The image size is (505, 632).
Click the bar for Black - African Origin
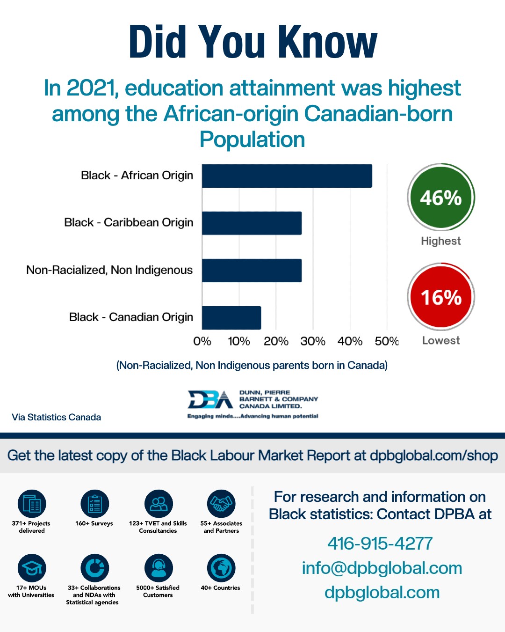pyautogui.click(x=287, y=176)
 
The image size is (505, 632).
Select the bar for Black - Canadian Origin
pyautogui.click(x=231, y=318)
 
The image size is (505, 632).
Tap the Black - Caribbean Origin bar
pyautogui.click(x=252, y=223)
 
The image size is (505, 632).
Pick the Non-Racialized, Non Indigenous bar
pyautogui.click(x=252, y=271)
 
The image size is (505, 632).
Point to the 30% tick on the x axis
pyautogui.click(x=313, y=341)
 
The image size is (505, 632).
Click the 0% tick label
pyautogui.click(x=202, y=341)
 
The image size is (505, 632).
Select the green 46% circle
pyautogui.click(x=441, y=198)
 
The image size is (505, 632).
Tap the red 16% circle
pyautogui.click(x=441, y=297)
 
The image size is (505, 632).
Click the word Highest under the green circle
pyautogui.click(x=441, y=241)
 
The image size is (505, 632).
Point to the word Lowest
pyautogui.click(x=441, y=340)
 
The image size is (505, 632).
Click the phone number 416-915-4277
pyautogui.click(x=380, y=544)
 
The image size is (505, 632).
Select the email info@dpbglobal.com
pyautogui.click(x=382, y=568)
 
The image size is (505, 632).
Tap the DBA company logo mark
pyautogui.click(x=210, y=400)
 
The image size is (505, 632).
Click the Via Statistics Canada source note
pyautogui.click(x=57, y=417)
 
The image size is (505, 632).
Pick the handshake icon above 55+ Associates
pyautogui.click(x=221, y=504)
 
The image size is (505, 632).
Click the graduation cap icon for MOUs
pyautogui.click(x=32, y=568)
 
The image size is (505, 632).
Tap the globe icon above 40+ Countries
pyautogui.click(x=221, y=568)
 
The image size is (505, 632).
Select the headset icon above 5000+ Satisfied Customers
pyautogui.click(x=159, y=568)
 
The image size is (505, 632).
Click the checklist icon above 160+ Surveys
pyautogui.click(x=94, y=504)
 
